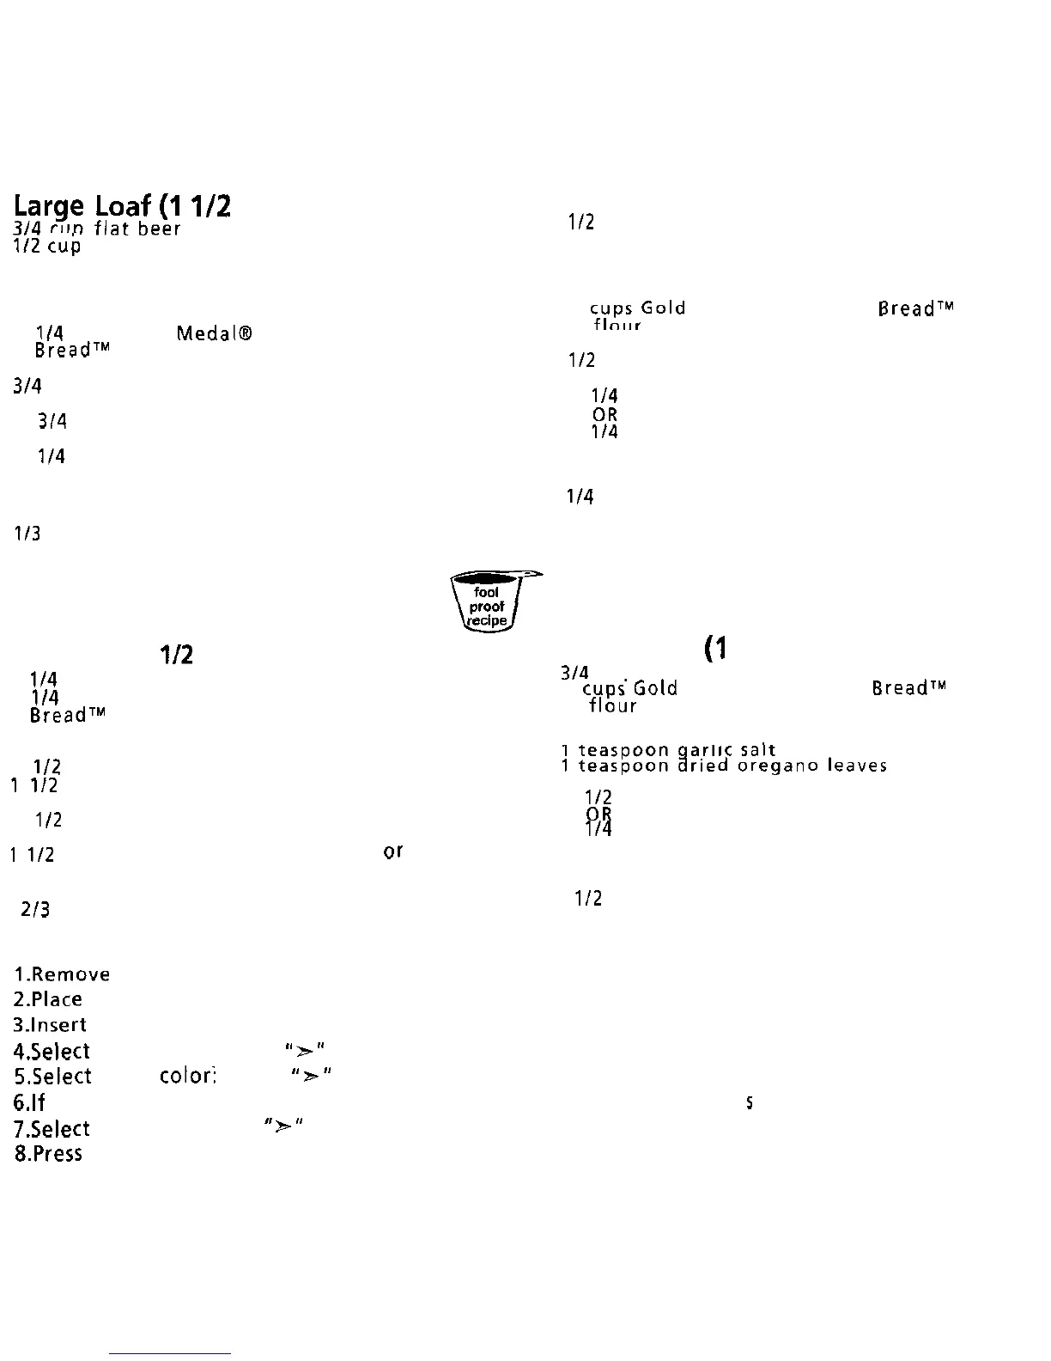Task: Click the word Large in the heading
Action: click(49, 207)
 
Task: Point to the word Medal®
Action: click(214, 333)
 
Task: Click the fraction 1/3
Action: click(27, 534)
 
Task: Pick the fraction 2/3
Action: click(35, 909)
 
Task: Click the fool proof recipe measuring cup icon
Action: click(487, 601)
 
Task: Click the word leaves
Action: click(856, 766)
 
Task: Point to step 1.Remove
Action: click(62, 974)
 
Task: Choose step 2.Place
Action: click(48, 999)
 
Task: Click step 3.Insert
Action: click(51, 1025)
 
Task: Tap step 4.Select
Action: click(52, 1052)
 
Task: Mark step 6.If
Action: click(29, 1102)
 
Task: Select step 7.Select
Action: click(52, 1129)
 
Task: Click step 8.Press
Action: click(48, 1153)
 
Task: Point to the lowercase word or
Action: click(393, 851)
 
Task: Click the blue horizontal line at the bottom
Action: click(170, 1354)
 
